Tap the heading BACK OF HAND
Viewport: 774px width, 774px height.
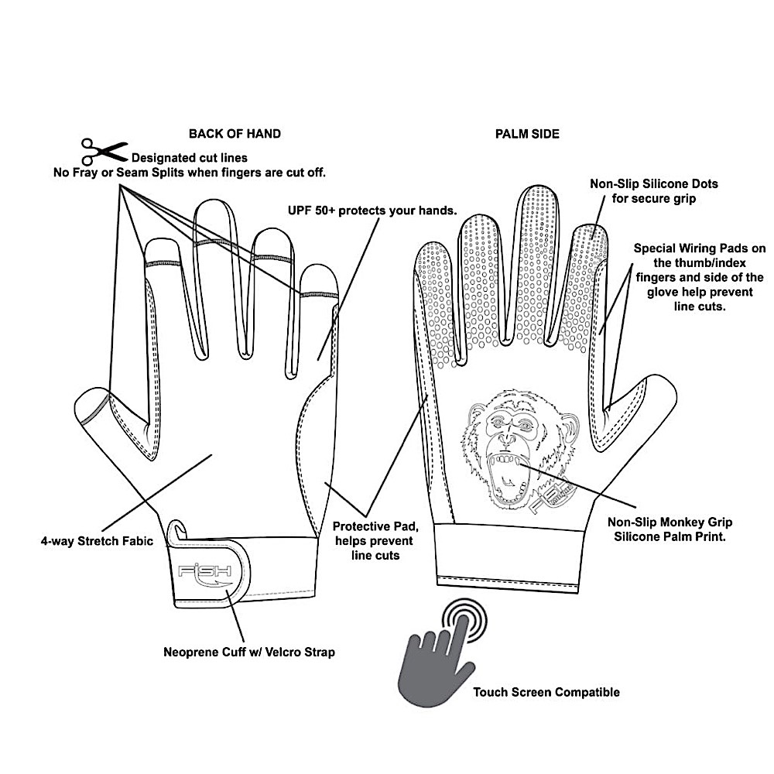[235, 134]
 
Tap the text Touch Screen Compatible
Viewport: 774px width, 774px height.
[546, 693]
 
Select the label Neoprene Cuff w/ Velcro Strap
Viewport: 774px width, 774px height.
[249, 652]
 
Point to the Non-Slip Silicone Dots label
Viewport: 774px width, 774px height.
[654, 191]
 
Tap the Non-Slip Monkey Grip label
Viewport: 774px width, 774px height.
[670, 529]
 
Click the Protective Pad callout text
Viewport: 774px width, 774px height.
[373, 540]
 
